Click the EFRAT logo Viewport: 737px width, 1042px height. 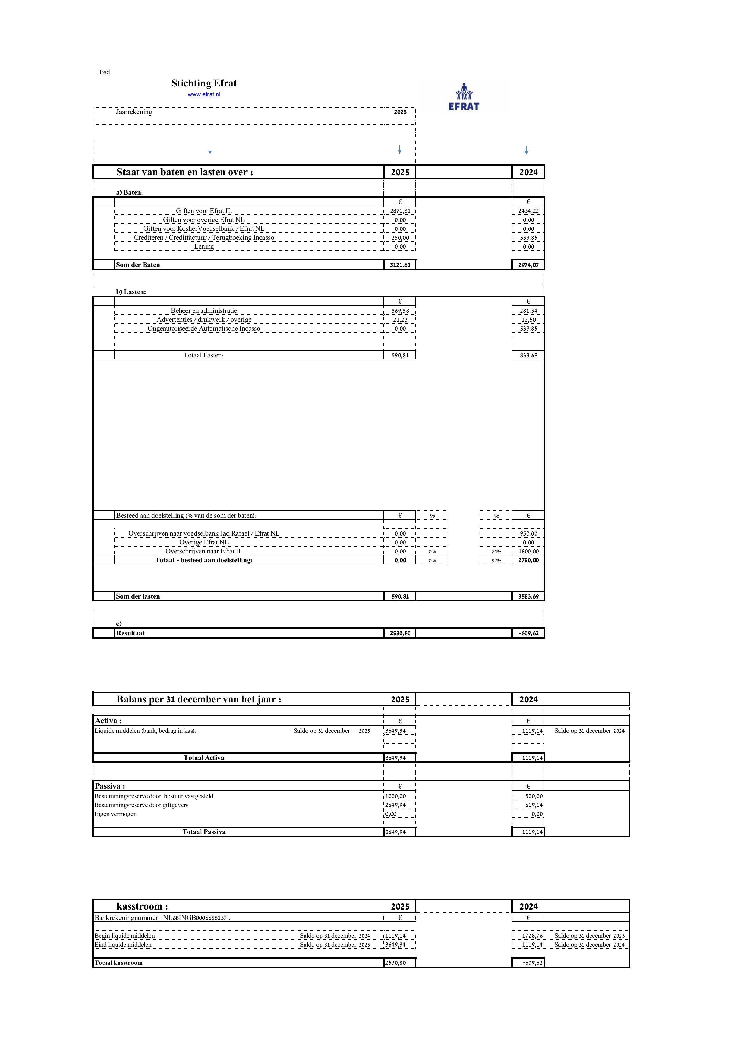point(463,97)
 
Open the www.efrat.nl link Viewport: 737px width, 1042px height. point(204,94)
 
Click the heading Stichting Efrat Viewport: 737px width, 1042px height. point(204,83)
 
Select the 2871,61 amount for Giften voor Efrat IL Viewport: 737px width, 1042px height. point(400,211)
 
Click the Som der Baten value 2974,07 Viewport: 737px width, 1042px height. point(528,265)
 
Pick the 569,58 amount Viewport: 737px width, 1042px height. point(400,311)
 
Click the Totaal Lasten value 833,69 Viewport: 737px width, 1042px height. point(528,355)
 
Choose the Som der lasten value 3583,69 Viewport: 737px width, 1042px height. point(528,597)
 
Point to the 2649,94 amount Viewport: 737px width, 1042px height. point(395,805)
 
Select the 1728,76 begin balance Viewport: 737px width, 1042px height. point(532,936)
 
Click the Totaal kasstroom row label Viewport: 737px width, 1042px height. point(119,963)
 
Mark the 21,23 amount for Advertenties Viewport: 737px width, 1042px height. point(400,320)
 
